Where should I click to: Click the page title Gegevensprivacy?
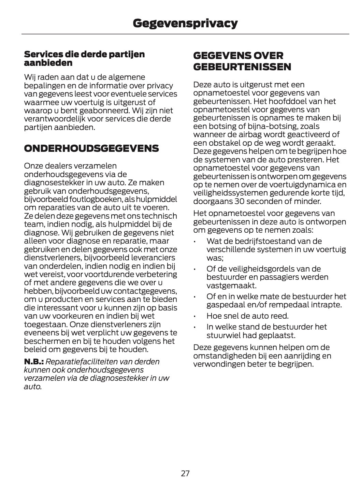pyautogui.click(x=185, y=23)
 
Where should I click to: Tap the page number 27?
pyautogui.click(x=185, y=473)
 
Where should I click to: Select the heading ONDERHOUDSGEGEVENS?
pyautogui.click(x=91, y=148)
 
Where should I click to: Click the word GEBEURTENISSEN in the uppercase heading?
pyautogui.click(x=242, y=67)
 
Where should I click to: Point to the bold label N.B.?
pyautogui.click(x=34, y=362)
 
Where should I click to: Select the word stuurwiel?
pyautogui.click(x=222, y=335)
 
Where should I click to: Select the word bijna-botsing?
pyautogui.click(x=260, y=126)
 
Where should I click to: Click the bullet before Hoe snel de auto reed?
pyautogui.click(x=195, y=316)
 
